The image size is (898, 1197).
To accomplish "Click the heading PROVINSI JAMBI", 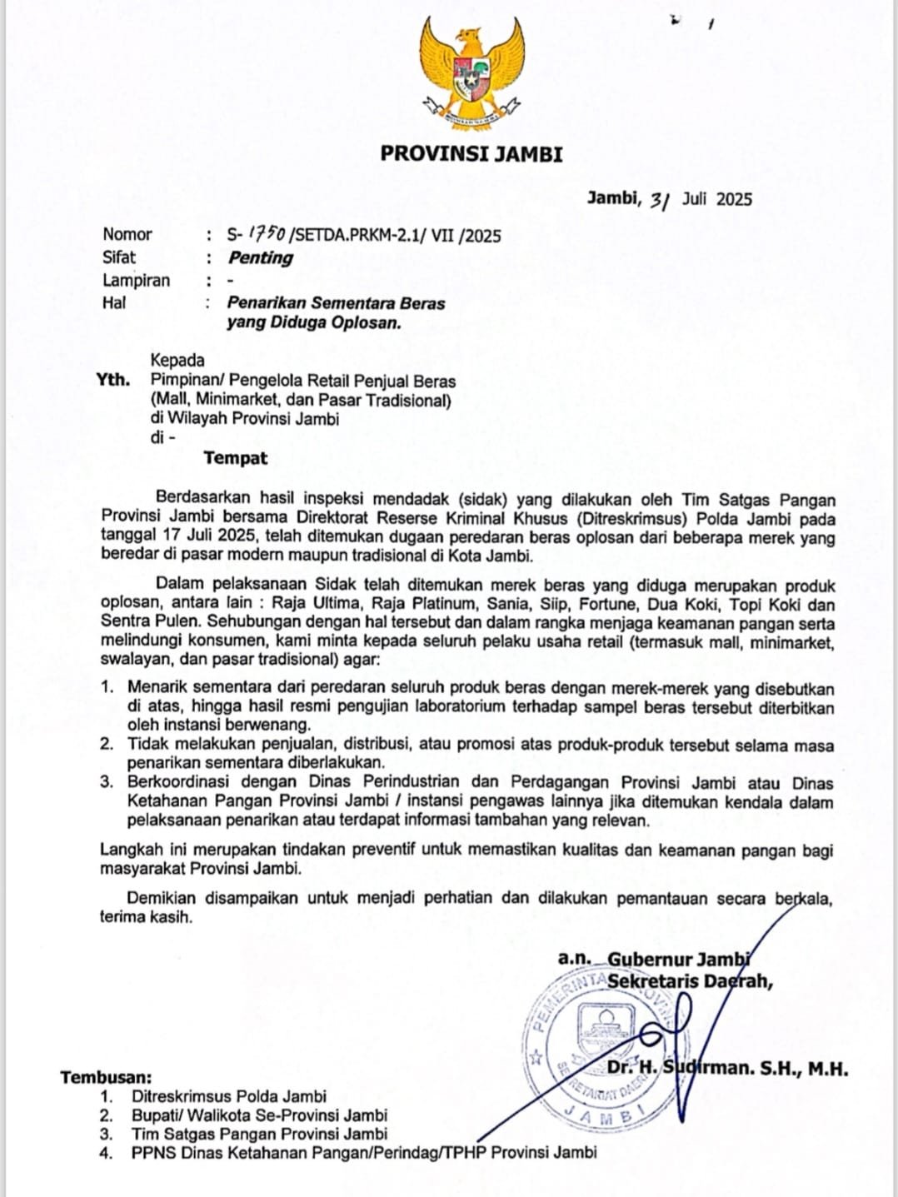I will (471, 154).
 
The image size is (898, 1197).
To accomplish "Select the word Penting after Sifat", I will (261, 257).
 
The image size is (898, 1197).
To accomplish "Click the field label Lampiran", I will (136, 280).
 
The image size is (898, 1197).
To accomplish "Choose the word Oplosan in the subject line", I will (367, 322).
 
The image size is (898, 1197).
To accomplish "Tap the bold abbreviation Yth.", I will (113, 380).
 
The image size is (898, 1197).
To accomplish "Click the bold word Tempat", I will (236, 457).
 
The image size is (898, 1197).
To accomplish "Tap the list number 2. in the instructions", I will (107, 744).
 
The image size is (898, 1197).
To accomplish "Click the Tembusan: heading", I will (106, 1078).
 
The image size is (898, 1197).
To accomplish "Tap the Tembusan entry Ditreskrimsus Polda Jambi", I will (228, 1096).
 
